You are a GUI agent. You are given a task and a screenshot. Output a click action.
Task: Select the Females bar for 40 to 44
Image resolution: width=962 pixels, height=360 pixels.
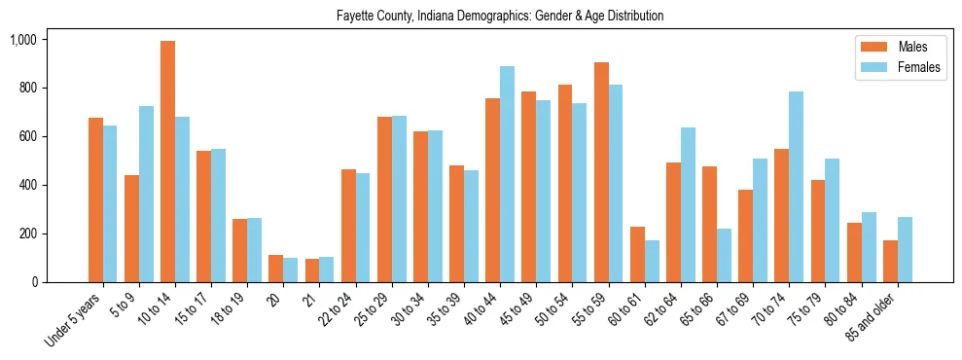(507, 174)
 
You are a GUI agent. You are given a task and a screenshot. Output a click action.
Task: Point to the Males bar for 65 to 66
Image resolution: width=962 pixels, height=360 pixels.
(709, 225)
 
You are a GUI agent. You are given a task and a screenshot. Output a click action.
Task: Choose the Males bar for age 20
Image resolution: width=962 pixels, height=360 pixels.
(275, 269)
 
